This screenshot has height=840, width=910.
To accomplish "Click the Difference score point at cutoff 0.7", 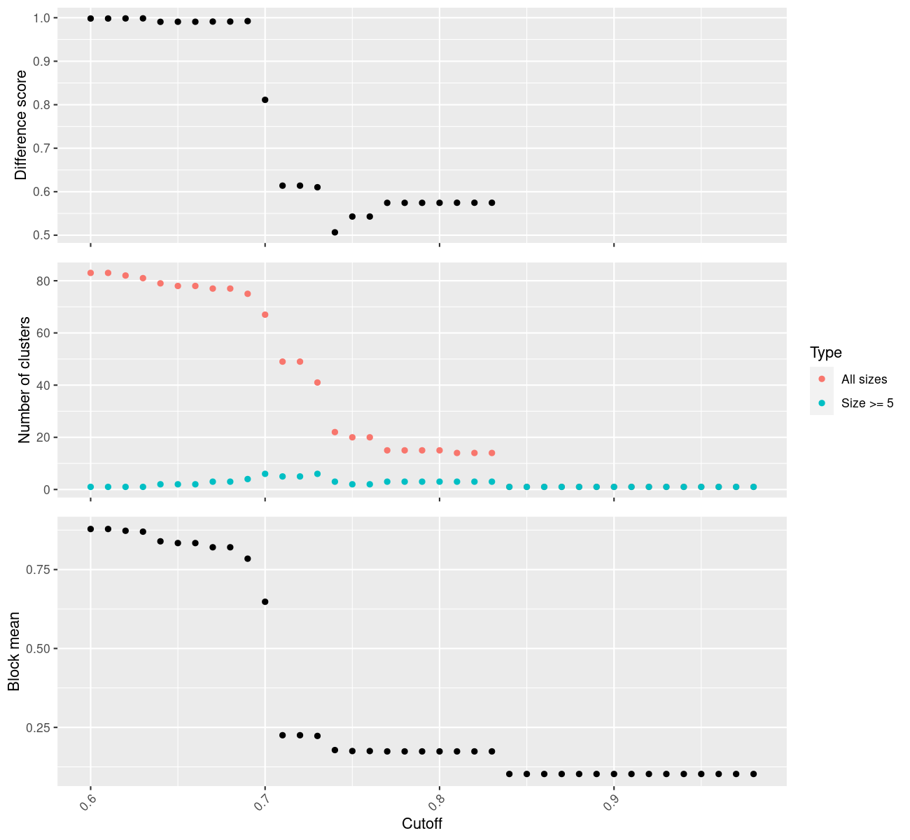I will (265, 100).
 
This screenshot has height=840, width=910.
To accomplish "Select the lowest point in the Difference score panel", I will (335, 232).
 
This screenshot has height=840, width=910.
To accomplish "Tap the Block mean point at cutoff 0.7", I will (265, 602).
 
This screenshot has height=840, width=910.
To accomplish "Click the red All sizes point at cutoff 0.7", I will (265, 315).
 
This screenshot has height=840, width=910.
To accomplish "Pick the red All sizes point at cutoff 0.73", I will (317, 383).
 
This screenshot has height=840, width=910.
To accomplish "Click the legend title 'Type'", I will (825, 353).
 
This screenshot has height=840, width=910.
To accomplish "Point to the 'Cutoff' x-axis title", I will (421, 823).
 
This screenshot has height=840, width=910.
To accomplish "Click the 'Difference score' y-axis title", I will (21, 125).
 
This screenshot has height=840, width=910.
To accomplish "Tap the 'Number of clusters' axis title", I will (24, 380).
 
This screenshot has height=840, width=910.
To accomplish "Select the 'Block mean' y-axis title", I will (14, 652).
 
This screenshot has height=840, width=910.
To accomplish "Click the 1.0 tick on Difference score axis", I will (43, 18).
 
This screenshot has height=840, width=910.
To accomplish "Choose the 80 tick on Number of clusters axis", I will (43, 281).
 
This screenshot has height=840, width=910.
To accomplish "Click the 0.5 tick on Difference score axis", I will (43, 235).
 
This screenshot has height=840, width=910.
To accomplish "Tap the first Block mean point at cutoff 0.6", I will (90, 529).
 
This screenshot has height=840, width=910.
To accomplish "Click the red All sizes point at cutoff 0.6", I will (90, 273).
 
